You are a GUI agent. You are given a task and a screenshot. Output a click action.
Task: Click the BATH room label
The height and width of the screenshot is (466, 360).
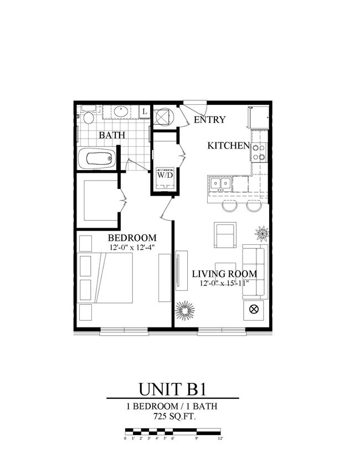pyautogui.click(x=112, y=135)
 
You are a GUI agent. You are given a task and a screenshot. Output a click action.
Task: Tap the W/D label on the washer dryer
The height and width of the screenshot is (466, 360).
pyautogui.click(x=165, y=175)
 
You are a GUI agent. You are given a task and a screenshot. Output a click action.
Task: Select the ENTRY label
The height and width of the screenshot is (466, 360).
pyautogui.click(x=209, y=120)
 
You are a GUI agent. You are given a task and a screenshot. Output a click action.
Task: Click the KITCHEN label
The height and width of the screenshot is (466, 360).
pyautogui.click(x=228, y=146)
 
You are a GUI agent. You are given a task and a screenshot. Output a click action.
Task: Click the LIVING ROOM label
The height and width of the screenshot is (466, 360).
pyautogui.click(x=224, y=274)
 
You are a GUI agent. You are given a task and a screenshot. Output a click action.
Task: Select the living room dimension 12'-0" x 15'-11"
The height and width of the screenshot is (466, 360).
pyautogui.click(x=224, y=284)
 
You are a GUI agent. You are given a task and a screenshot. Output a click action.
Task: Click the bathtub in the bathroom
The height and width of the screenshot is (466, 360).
pyautogui.click(x=97, y=160)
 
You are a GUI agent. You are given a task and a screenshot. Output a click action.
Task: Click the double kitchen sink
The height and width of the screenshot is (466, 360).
pyautogui.click(x=220, y=183)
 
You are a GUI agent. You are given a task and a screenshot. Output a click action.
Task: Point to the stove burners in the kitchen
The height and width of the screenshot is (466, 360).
pyautogui.click(x=259, y=152)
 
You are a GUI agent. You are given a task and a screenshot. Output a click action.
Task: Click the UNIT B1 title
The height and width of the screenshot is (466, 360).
pyautogui.click(x=172, y=386)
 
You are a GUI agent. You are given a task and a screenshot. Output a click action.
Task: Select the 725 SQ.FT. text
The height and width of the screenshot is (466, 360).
pyautogui.click(x=172, y=415)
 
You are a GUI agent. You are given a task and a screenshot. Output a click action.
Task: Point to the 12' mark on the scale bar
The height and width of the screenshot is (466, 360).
pyautogui.click(x=220, y=438)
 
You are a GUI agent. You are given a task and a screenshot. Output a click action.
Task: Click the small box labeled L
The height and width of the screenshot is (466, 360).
pyautogui.click(x=144, y=112)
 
